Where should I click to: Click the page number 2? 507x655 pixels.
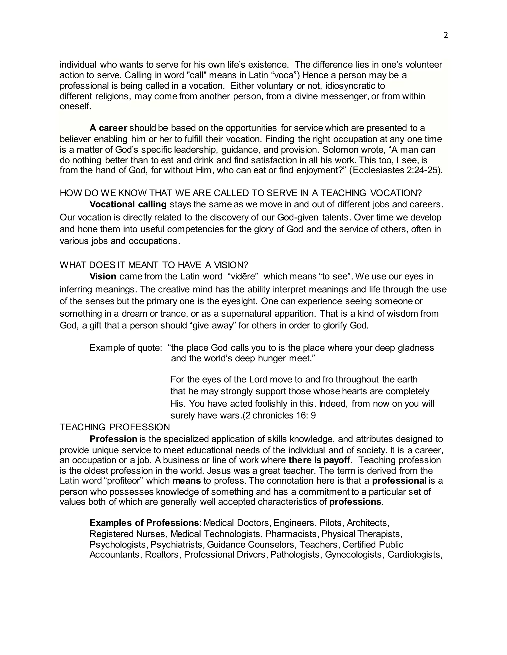[445, 35]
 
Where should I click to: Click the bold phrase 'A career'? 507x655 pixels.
[108, 128]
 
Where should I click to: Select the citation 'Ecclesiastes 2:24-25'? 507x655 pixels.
[396, 170]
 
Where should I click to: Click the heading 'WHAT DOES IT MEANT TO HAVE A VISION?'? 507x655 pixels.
[154, 265]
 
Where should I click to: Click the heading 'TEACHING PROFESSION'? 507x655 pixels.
[115, 427]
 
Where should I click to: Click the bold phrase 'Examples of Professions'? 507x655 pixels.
[144, 523]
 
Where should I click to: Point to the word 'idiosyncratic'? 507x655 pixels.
[346, 86]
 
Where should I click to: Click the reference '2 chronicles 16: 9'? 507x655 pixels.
[281, 415]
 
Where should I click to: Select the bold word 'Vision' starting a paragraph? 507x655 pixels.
[103, 276]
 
